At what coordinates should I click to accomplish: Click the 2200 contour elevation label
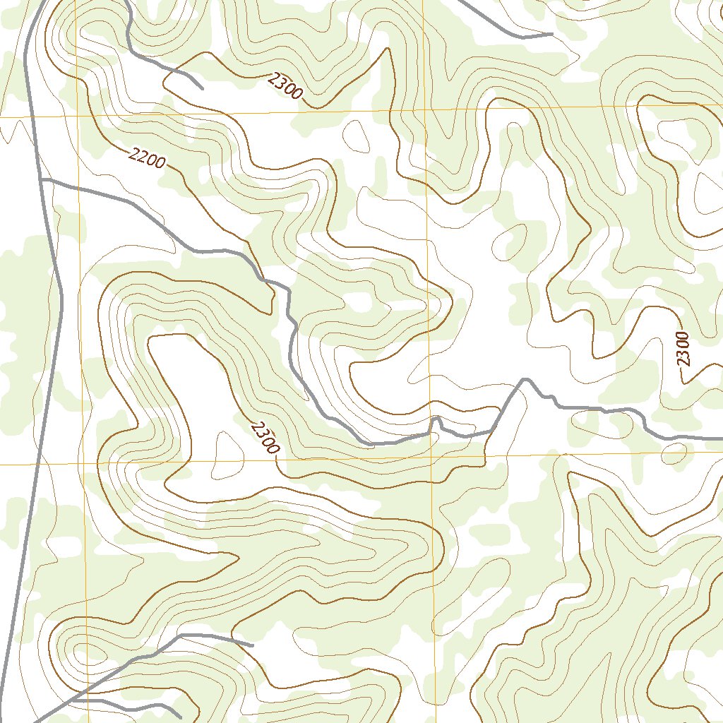(x=148, y=158)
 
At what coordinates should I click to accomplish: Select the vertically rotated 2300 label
(x=682, y=348)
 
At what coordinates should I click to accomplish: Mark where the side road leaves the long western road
(x=42, y=180)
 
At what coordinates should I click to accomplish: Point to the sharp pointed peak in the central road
(x=525, y=380)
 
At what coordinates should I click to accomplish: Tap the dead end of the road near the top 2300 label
(x=203, y=89)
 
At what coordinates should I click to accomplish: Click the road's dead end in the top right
(x=551, y=33)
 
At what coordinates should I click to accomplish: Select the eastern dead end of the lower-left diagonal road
(x=252, y=645)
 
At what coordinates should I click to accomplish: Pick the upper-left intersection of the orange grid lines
(x=78, y=114)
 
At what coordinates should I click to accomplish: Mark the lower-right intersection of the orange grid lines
(x=431, y=459)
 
